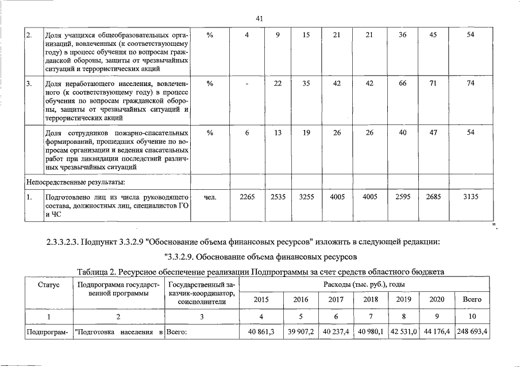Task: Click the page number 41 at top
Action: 259,19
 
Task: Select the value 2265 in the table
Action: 247,197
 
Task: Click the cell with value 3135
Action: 471,197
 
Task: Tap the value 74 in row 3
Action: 471,84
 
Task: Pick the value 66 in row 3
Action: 403,84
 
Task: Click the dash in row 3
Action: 247,84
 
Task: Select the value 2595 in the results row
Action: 403,197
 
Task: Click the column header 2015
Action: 261,299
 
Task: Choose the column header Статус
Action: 49,284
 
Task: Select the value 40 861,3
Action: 261,332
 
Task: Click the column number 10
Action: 472,317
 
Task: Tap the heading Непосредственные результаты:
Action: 76,182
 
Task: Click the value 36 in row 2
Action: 403,35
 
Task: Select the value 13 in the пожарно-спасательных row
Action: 278,133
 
